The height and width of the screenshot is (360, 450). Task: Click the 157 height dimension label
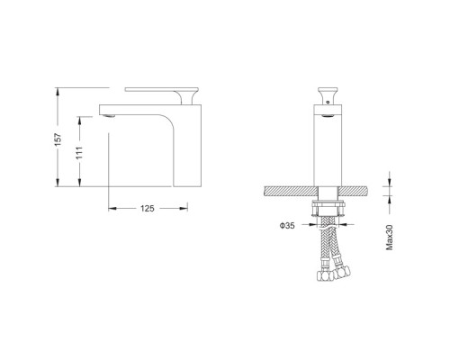click(x=58, y=139)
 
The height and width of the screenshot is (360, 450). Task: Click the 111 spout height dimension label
click(x=79, y=153)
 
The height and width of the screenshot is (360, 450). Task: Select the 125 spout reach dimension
click(x=148, y=209)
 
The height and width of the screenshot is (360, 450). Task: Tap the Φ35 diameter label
click(x=287, y=226)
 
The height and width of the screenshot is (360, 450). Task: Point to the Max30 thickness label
click(x=389, y=238)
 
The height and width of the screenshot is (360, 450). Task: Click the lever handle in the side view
click(x=162, y=94)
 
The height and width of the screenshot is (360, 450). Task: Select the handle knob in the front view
click(x=328, y=95)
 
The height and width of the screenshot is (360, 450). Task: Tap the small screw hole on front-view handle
click(x=328, y=102)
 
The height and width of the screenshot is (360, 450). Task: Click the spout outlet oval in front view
click(x=328, y=115)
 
